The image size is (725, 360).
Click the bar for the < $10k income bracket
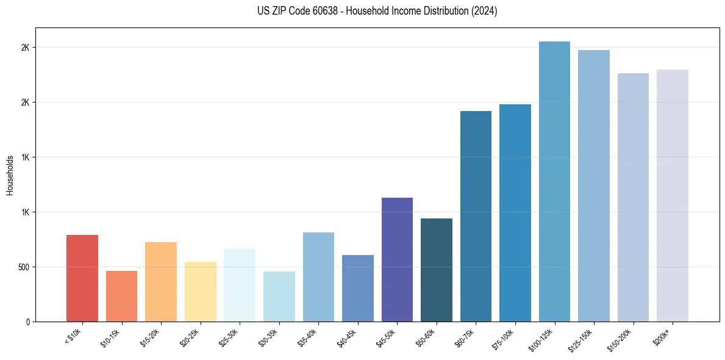82,278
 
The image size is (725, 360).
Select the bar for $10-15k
121,296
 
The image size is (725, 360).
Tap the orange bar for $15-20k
161,282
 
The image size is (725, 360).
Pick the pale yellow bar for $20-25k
200,292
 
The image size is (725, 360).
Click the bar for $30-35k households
279,297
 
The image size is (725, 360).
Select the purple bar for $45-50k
397,259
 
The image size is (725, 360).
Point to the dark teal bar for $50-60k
437,270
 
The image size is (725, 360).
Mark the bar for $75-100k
515,213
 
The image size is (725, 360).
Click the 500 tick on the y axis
23,267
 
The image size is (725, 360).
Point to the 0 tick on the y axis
28,322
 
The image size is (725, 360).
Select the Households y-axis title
10,175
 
